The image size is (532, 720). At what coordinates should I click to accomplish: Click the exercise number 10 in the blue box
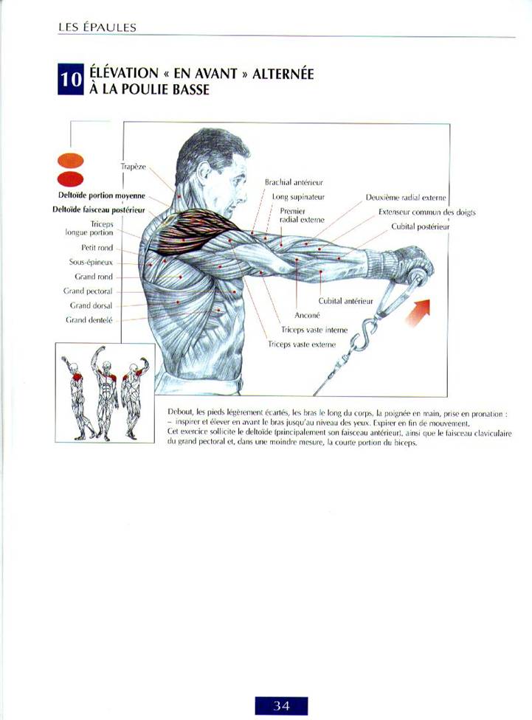click(x=70, y=80)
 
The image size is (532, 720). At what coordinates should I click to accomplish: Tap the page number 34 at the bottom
click(x=281, y=705)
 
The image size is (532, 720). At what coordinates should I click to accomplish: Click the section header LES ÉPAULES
click(x=97, y=27)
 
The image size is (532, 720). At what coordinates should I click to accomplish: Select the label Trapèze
click(x=134, y=167)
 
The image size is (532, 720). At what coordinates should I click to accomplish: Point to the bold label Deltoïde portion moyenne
click(x=102, y=195)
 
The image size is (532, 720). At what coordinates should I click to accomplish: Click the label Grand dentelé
click(x=89, y=320)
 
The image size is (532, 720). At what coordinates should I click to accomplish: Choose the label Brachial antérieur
click(x=294, y=182)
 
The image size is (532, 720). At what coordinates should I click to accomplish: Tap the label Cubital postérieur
click(x=421, y=226)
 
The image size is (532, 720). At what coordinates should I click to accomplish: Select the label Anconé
click(x=307, y=315)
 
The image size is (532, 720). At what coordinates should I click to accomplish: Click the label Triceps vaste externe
click(x=302, y=344)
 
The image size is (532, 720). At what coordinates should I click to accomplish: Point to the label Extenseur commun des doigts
click(x=426, y=212)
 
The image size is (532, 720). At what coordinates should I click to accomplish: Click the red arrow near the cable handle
click(x=418, y=312)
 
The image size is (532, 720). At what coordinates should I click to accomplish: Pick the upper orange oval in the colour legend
click(x=70, y=160)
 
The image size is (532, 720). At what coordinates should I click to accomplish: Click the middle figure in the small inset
click(x=106, y=392)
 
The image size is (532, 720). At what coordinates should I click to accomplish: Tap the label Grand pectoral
click(x=88, y=291)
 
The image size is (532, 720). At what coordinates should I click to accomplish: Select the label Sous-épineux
click(x=91, y=263)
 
